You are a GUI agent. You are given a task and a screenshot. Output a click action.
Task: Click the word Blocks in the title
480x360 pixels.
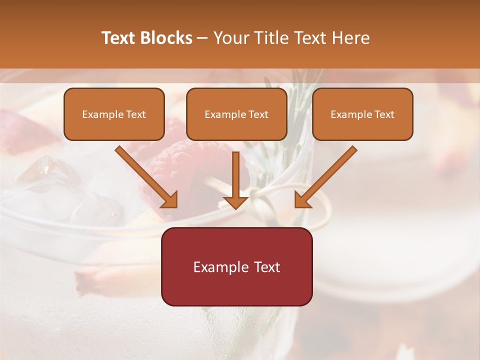tap(167, 38)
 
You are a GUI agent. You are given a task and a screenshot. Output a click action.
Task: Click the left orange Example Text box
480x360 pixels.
tap(114, 114)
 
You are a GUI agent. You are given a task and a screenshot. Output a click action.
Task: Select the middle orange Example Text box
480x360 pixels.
tap(236, 114)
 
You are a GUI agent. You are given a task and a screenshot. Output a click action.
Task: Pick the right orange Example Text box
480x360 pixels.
tap(362, 114)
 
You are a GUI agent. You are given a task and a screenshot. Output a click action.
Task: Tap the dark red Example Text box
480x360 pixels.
tap(236, 266)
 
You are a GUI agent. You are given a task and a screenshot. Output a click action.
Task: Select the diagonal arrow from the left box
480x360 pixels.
tap(146, 177)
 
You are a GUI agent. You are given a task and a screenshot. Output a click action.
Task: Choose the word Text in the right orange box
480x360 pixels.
tap(384, 114)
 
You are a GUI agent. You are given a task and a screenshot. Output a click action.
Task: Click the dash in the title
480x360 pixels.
tap(202, 38)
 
